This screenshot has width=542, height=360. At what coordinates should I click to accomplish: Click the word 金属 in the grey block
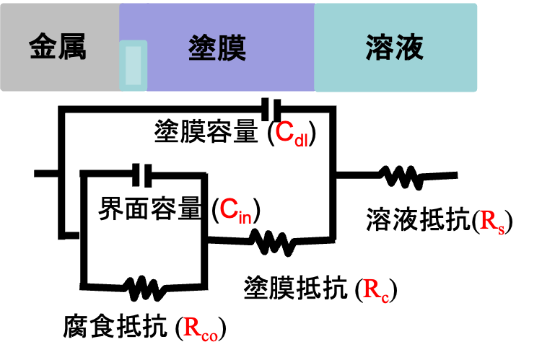(x=58, y=47)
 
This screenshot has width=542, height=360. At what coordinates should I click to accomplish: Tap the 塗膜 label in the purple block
(x=217, y=48)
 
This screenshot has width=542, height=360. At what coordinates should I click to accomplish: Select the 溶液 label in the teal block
(x=395, y=48)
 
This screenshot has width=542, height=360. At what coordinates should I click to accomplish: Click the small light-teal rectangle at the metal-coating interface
(x=134, y=66)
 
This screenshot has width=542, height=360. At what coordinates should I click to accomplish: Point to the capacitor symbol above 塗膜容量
(x=271, y=109)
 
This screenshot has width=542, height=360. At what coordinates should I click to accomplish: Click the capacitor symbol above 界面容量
(x=142, y=175)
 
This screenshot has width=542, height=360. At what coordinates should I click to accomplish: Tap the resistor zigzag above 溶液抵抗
(x=402, y=177)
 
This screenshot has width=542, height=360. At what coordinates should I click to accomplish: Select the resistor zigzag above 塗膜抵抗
(x=273, y=242)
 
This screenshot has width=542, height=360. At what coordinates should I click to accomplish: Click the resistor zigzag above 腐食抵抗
(x=144, y=288)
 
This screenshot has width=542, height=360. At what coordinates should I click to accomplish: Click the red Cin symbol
(x=235, y=211)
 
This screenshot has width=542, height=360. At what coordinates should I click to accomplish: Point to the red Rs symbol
(x=491, y=221)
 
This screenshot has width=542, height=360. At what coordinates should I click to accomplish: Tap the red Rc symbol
(x=376, y=290)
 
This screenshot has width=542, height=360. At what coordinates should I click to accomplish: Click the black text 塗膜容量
(x=206, y=131)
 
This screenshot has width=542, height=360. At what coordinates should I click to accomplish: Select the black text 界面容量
(x=150, y=208)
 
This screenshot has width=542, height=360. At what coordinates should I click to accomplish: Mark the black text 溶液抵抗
(x=419, y=219)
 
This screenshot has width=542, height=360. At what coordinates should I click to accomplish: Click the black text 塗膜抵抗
(x=296, y=287)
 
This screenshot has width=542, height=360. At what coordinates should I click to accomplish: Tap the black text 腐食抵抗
(x=115, y=325)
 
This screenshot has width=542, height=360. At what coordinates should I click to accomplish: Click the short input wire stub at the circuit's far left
(x=46, y=173)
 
